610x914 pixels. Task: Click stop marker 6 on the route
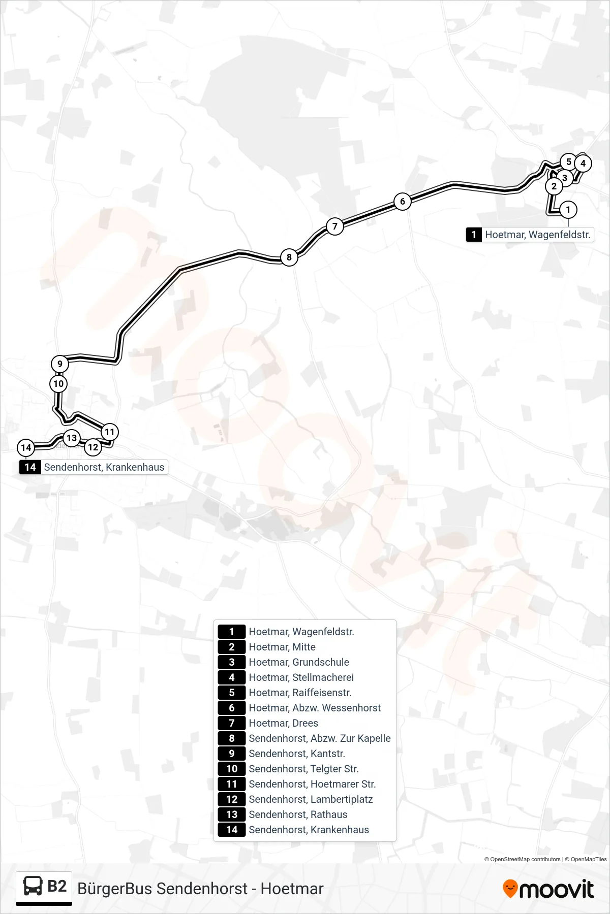(403, 202)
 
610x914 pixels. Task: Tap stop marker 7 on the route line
(334, 226)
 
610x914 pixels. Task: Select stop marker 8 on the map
(289, 257)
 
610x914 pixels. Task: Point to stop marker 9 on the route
(60, 364)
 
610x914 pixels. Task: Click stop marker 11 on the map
(110, 432)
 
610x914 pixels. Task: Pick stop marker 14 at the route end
(26, 448)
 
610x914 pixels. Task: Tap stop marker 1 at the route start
(568, 210)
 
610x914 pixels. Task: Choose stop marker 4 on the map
(583, 164)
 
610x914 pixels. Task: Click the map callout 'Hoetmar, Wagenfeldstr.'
(530, 235)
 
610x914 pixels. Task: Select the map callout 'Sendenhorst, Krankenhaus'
(94, 467)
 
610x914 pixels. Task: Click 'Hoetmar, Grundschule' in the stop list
(299, 662)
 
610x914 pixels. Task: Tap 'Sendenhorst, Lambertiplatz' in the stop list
(311, 799)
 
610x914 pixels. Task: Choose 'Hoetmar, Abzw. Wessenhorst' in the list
(315, 708)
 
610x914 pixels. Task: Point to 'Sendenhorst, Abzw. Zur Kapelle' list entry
(320, 738)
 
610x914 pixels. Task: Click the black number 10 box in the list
(232, 769)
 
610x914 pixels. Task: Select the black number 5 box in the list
(232, 693)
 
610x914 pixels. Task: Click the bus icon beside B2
(33, 886)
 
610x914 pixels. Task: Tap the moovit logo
(548, 889)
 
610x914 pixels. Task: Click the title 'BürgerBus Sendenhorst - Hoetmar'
(200, 889)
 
